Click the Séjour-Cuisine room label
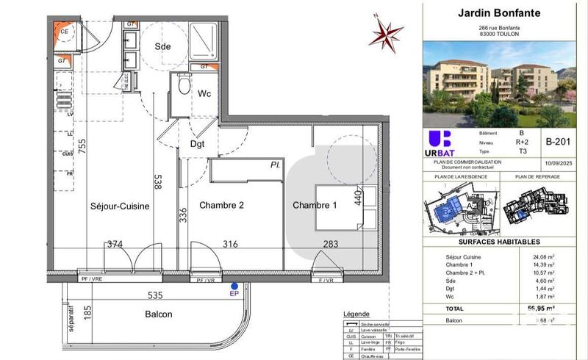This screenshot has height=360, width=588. tap(120, 206)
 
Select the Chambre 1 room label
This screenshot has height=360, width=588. tap(315, 206)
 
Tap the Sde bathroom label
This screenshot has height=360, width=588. tap(162, 46)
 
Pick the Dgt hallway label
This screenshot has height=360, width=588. tap(198, 145)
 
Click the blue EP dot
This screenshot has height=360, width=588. tap(234, 286)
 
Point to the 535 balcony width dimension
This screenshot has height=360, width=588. tap(154, 295)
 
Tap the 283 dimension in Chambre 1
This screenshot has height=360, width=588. tap(330, 245)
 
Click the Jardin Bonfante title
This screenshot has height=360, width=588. tap(499, 12)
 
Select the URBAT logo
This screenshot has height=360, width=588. tap(439, 143)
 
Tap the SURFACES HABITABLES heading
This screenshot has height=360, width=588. tap(500, 242)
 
